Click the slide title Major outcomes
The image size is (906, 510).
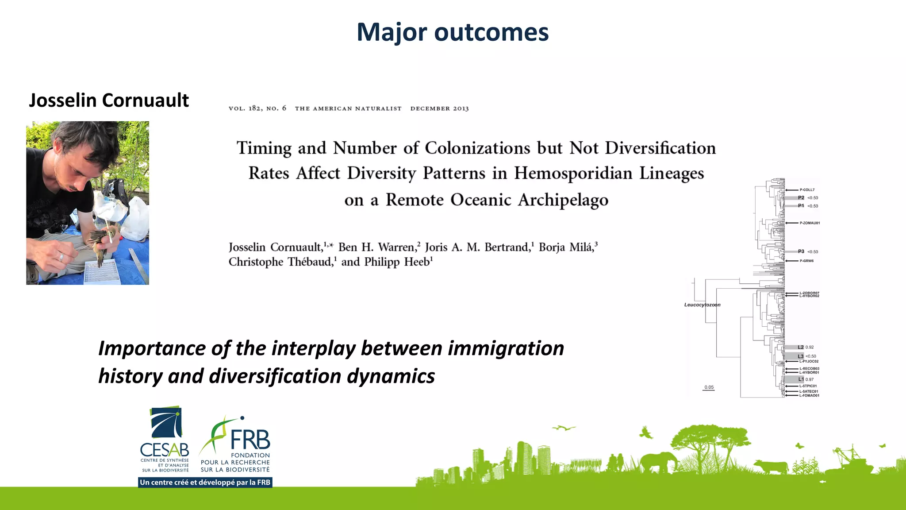(x=453, y=32)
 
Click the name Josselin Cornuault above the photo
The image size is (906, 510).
(x=109, y=100)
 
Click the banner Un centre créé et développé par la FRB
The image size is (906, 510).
(x=205, y=482)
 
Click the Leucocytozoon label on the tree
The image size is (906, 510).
(x=702, y=305)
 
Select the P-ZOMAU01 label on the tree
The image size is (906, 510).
(x=809, y=223)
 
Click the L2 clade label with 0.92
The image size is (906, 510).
(x=805, y=347)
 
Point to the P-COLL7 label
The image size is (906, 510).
(x=807, y=189)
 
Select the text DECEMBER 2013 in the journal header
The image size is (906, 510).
(x=439, y=108)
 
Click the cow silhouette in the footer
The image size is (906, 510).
(x=771, y=467)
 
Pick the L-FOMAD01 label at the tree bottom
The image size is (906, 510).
(x=809, y=395)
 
